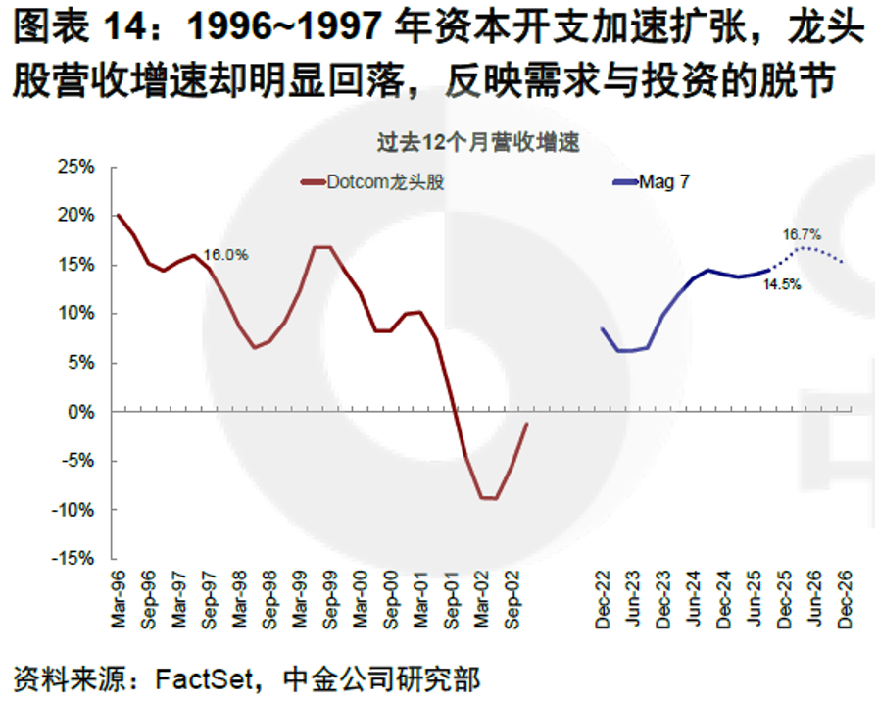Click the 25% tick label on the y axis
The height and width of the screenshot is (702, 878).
[74, 167]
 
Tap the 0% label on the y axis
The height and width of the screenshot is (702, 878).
[80, 412]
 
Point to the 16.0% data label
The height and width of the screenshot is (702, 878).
[225, 255]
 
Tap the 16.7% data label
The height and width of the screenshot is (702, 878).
[802, 235]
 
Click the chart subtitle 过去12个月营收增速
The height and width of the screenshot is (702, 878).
[479, 142]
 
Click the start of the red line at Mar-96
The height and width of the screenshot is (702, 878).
[119, 215]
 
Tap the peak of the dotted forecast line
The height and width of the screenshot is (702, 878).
[804, 248]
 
